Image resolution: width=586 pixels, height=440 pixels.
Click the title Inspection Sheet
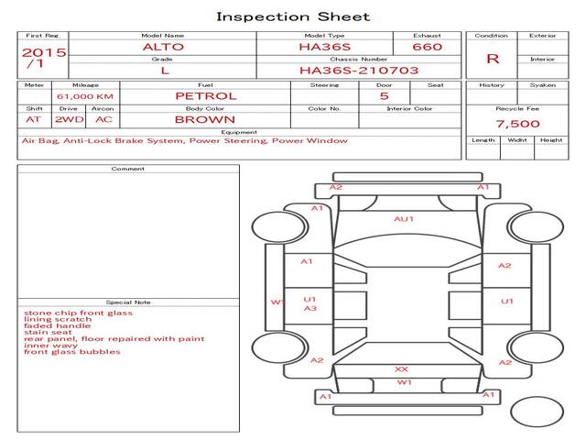click(293, 16)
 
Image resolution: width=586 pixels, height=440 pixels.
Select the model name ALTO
click(162, 47)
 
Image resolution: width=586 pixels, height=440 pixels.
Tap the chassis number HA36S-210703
click(359, 70)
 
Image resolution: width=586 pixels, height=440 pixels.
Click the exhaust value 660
click(427, 47)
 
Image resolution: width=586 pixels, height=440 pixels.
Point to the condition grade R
click(493, 59)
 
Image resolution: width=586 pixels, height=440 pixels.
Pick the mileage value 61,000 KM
click(84, 95)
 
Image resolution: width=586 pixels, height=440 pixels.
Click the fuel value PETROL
click(205, 95)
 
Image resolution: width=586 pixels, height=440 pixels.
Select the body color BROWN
click(205, 119)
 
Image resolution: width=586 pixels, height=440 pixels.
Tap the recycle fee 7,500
click(517, 124)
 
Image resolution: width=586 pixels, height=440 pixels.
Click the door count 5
click(384, 95)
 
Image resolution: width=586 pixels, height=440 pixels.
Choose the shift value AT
click(33, 119)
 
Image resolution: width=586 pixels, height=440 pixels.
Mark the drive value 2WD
click(66, 119)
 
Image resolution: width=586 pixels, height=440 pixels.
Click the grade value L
click(164, 70)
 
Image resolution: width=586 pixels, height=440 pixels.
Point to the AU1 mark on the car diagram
click(404, 219)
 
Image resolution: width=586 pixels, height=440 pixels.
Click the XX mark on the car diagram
click(401, 368)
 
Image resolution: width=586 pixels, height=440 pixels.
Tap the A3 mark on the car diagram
click(310, 309)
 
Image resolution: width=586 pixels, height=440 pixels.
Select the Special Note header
click(127, 302)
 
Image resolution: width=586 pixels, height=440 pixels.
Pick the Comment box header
click(127, 169)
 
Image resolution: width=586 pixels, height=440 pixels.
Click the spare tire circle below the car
click(537, 411)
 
